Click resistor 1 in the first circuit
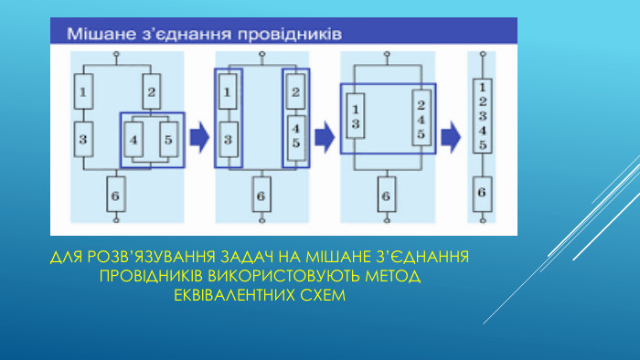pyautogui.click(x=83, y=91)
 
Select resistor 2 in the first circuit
pyautogui.click(x=152, y=91)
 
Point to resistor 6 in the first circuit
pyautogui.click(x=116, y=195)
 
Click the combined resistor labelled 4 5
pyautogui.click(x=295, y=135)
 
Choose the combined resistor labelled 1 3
pyautogui.click(x=356, y=116)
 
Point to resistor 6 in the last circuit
pyautogui.click(x=482, y=192)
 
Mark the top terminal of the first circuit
pyautogui.click(x=116, y=55)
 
